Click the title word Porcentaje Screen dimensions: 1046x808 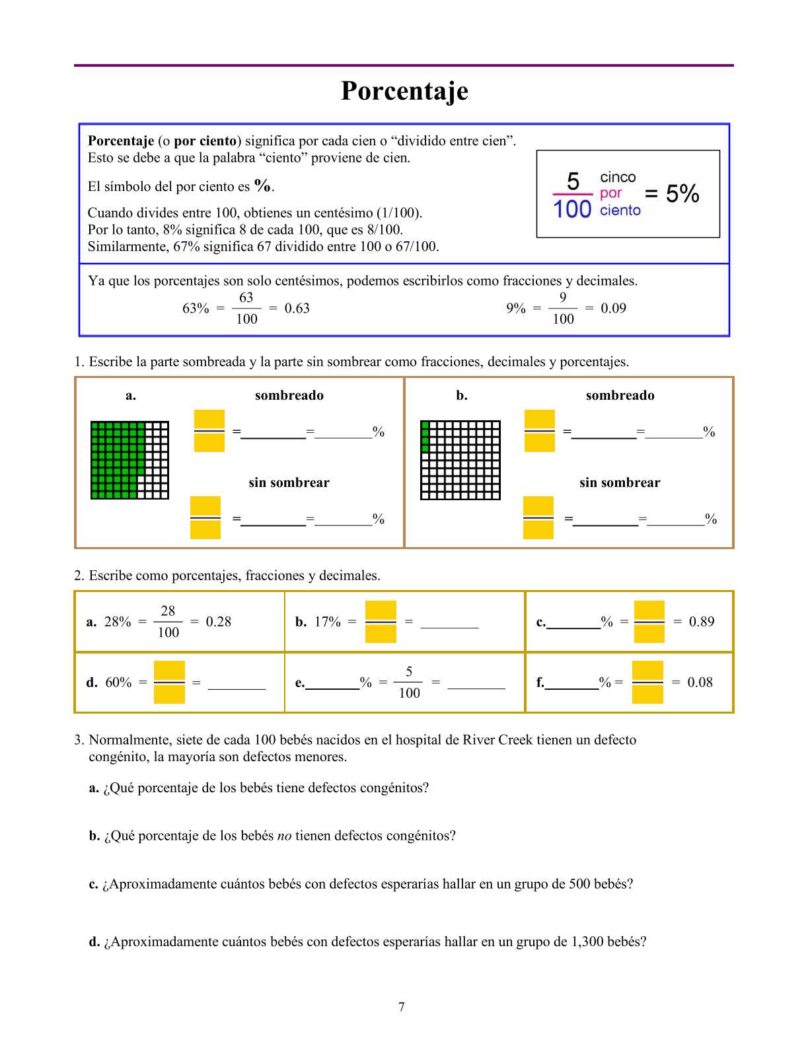click(404, 91)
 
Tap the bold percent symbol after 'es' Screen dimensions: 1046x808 click(262, 186)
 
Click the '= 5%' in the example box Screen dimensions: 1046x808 click(672, 194)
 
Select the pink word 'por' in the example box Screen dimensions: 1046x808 click(611, 194)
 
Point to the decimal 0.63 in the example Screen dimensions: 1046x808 click(297, 309)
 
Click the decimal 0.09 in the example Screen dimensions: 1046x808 click(613, 309)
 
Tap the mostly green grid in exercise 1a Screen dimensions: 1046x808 click(129, 460)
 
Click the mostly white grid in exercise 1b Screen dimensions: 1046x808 click(460, 460)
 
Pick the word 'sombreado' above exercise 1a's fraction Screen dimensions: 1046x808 click(289, 396)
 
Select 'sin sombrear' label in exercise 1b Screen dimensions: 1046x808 click(619, 483)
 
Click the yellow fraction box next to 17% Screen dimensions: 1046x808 click(381, 622)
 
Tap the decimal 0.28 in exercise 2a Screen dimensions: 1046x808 click(218, 622)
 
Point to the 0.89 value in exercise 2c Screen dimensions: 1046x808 click(702, 622)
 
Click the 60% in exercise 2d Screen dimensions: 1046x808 click(118, 683)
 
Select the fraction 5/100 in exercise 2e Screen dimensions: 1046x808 click(409, 683)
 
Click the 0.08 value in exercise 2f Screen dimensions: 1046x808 click(700, 683)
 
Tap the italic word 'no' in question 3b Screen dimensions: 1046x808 click(284, 836)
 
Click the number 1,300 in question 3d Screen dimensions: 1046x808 click(588, 942)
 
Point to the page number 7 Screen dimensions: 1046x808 click(402, 1007)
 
